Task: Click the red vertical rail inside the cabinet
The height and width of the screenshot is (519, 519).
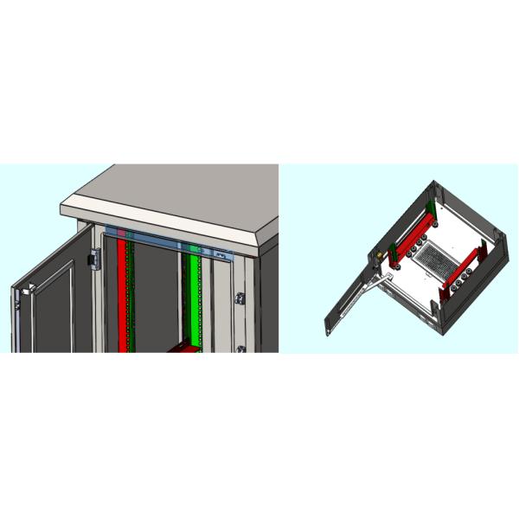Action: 122,294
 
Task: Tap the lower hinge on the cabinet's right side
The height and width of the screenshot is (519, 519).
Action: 240,349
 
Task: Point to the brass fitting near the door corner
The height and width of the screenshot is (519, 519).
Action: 378,257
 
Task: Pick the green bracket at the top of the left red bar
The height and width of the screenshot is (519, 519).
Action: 430,208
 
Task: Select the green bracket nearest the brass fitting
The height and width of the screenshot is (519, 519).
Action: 394,252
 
